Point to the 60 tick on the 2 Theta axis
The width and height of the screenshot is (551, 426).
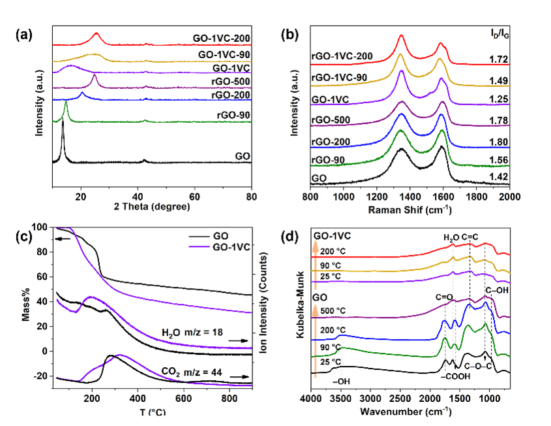pos(195,195)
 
